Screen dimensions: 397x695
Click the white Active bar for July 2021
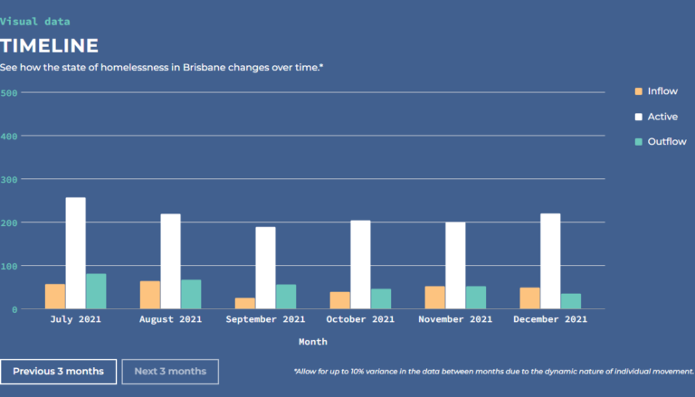click(76, 253)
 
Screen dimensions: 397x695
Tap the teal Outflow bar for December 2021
click(571, 301)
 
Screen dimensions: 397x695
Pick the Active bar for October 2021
click(360, 264)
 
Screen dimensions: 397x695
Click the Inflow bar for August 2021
click(150, 295)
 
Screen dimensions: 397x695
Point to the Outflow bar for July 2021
click(97, 291)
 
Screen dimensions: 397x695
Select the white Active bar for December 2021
click(550, 261)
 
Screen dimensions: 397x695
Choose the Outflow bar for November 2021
click(476, 298)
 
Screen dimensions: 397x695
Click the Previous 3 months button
click(58, 371)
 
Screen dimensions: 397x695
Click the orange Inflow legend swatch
click(638, 91)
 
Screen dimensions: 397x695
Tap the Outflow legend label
click(667, 142)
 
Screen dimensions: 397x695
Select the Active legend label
click(662, 117)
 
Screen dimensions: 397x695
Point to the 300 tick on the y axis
click(9, 179)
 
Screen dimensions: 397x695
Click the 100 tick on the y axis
click(9, 266)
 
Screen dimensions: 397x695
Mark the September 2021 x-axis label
click(265, 319)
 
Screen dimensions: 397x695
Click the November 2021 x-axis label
click(455, 319)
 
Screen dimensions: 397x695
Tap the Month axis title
click(313, 342)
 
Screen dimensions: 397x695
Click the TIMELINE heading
click(49, 46)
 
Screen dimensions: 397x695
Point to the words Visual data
click(34, 21)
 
